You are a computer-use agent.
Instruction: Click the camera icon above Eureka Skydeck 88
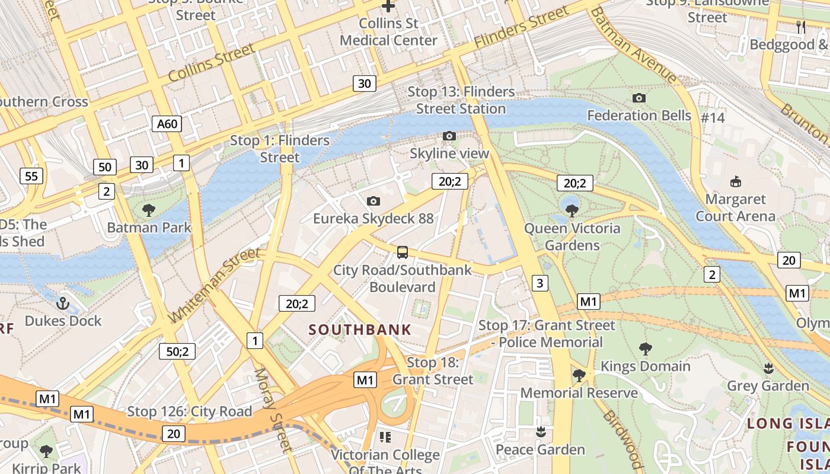point(373,201)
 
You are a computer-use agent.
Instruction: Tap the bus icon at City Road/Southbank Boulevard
point(403,252)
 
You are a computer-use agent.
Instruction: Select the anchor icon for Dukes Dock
point(62,303)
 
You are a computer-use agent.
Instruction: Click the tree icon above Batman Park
point(149,210)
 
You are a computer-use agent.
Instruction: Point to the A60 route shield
point(167,124)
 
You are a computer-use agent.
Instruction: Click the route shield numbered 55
point(31,175)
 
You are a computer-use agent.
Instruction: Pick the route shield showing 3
point(539,283)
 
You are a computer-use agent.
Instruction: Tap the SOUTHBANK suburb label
point(360,330)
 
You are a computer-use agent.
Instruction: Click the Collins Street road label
point(211,65)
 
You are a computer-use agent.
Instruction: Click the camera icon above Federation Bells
point(639,98)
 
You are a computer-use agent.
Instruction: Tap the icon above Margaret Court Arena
point(735,181)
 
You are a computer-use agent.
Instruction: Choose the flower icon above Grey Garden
point(768,369)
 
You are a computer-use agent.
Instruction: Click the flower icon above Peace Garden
point(540,432)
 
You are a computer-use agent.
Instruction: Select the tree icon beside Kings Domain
point(646,348)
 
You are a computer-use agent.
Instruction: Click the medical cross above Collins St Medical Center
point(388,7)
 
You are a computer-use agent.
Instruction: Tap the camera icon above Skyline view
point(449,136)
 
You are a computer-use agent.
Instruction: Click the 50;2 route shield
point(177,351)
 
